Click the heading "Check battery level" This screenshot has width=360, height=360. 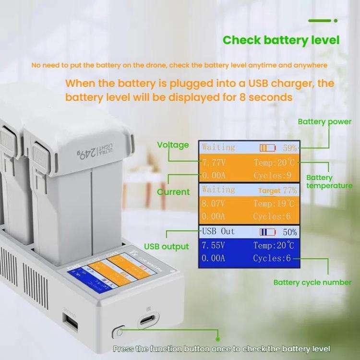[281, 40]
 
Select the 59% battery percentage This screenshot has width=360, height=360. [289, 148]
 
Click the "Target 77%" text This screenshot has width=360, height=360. [277, 191]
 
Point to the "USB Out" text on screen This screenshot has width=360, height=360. [218, 231]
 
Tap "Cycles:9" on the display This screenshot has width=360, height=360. [272, 175]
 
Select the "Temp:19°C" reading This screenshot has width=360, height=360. [274, 203]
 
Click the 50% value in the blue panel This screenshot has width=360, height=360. [289, 232]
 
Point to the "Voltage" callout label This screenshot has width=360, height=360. [173, 145]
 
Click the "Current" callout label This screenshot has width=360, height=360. [173, 192]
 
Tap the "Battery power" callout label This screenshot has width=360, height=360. [324, 121]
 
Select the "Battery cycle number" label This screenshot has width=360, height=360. [312, 282]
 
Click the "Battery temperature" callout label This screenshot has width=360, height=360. [329, 181]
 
